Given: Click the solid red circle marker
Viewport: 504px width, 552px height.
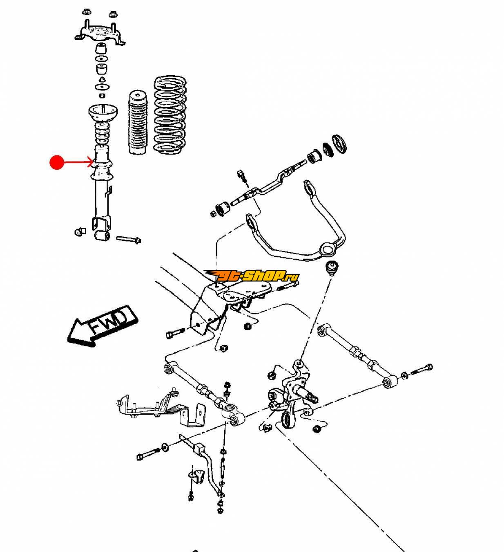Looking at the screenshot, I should click(57, 162).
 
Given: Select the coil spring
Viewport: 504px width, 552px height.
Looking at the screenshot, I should click(170, 114).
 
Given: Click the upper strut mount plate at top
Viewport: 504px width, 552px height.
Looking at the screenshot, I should click(99, 31).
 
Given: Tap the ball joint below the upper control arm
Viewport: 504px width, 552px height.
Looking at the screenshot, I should click(331, 268).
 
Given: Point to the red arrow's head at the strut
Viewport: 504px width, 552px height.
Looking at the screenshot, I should click(92, 163).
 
